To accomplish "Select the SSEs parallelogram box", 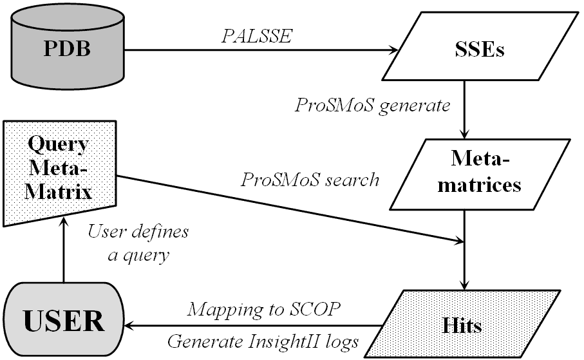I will (473, 50).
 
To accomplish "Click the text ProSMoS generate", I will (372, 104).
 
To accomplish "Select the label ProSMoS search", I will (310, 179).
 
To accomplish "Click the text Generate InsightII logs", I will (262, 341).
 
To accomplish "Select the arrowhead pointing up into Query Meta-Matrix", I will (63, 222).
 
